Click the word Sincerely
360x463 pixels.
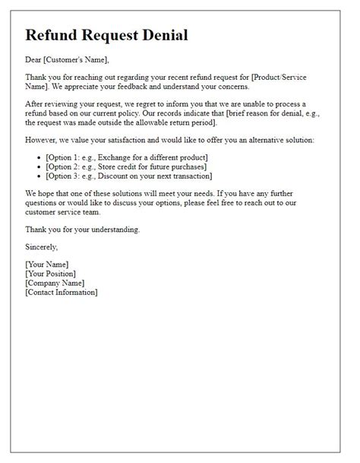pyautogui.click(x=42, y=247)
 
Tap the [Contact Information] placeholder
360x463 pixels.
pyautogui.click(x=62, y=292)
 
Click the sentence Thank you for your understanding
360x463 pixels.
pyautogui.click(x=82, y=229)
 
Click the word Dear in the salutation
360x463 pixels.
pyautogui.click(x=34, y=59)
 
